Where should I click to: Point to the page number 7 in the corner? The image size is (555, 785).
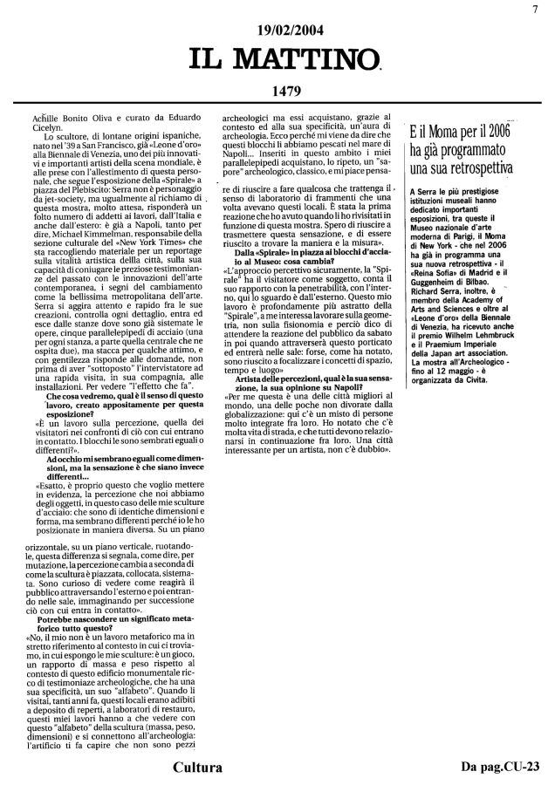(x=541, y=9)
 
